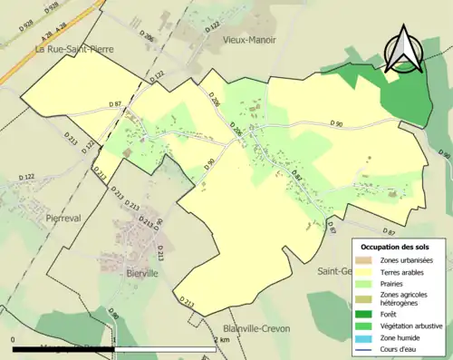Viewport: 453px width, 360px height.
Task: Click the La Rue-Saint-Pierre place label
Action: coord(66,49)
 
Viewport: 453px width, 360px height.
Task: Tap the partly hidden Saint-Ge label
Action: coord(333,270)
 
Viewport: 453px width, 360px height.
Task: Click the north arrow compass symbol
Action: coord(403,49)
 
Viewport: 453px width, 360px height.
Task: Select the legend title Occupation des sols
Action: coord(394,247)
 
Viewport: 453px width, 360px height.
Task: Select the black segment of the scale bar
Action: coord(63,348)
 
